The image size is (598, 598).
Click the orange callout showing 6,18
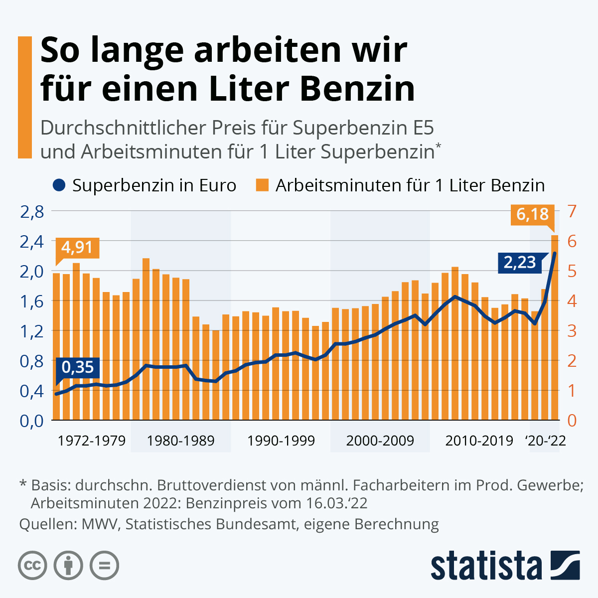click(x=532, y=214)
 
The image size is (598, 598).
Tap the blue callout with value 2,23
click(x=519, y=262)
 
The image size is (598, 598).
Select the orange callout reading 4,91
click(x=77, y=247)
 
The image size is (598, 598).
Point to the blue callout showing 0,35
click(x=78, y=367)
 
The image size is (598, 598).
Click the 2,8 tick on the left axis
click(x=32, y=211)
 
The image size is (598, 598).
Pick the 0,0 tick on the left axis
click(x=32, y=420)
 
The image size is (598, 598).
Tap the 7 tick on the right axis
click(x=572, y=211)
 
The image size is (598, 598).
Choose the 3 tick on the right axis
click(x=572, y=331)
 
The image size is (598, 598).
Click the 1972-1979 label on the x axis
click(x=92, y=441)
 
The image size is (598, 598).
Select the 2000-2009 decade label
click(x=380, y=441)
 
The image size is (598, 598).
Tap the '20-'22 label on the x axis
click(x=546, y=441)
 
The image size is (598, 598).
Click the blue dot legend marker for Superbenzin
click(x=58, y=185)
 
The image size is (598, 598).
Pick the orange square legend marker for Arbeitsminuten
click(x=262, y=185)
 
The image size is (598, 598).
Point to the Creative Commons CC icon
click(x=32, y=566)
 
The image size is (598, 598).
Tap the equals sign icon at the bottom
click(x=105, y=566)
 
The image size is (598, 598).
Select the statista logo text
click(x=486, y=566)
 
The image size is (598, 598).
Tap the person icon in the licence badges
click(x=68, y=566)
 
